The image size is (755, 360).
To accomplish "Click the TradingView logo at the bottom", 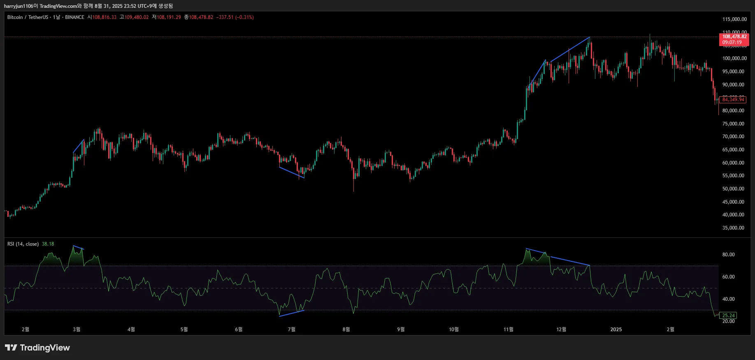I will (37, 348).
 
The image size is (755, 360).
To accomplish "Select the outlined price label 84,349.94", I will (733, 100).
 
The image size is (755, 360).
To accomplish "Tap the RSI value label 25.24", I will (728, 316).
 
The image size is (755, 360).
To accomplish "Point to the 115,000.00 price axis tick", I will (734, 19).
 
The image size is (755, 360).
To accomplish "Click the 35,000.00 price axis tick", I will (733, 228).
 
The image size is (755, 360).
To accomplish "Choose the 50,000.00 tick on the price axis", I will (733, 189).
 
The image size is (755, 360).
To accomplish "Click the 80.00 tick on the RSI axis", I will (728, 255).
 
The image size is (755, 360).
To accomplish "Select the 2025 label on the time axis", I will (616, 330).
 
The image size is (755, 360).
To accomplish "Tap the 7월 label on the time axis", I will (291, 330).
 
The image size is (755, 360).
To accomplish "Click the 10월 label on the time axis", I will (453, 330).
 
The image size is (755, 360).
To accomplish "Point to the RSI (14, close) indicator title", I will (23, 244).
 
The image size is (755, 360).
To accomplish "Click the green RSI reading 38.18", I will (48, 244).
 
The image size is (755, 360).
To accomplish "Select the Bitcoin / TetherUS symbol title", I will (28, 17).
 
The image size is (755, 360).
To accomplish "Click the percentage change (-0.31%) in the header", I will (244, 17).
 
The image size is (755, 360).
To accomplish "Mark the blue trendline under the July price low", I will (292, 172).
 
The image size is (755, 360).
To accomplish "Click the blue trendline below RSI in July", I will (292, 313).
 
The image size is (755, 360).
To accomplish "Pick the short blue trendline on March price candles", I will (79, 146).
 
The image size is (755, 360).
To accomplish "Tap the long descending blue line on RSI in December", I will (570, 261).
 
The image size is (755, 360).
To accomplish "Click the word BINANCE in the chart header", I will (74, 17).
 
